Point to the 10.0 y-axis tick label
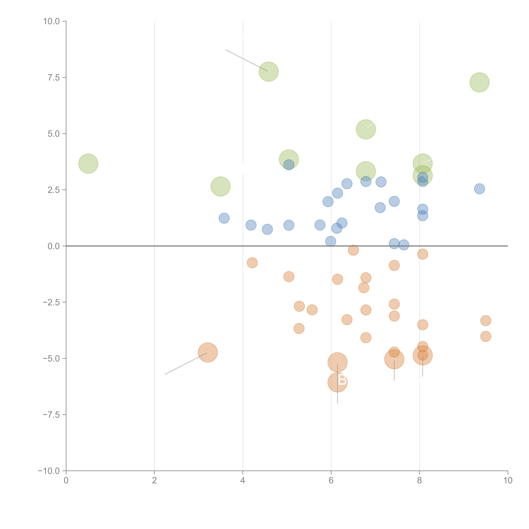tap(52, 21)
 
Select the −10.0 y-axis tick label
tap(49, 471)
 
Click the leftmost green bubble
tap(88, 163)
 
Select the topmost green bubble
tap(269, 72)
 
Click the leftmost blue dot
tap(224, 218)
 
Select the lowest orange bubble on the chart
tap(337, 382)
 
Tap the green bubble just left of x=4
tap(220, 186)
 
